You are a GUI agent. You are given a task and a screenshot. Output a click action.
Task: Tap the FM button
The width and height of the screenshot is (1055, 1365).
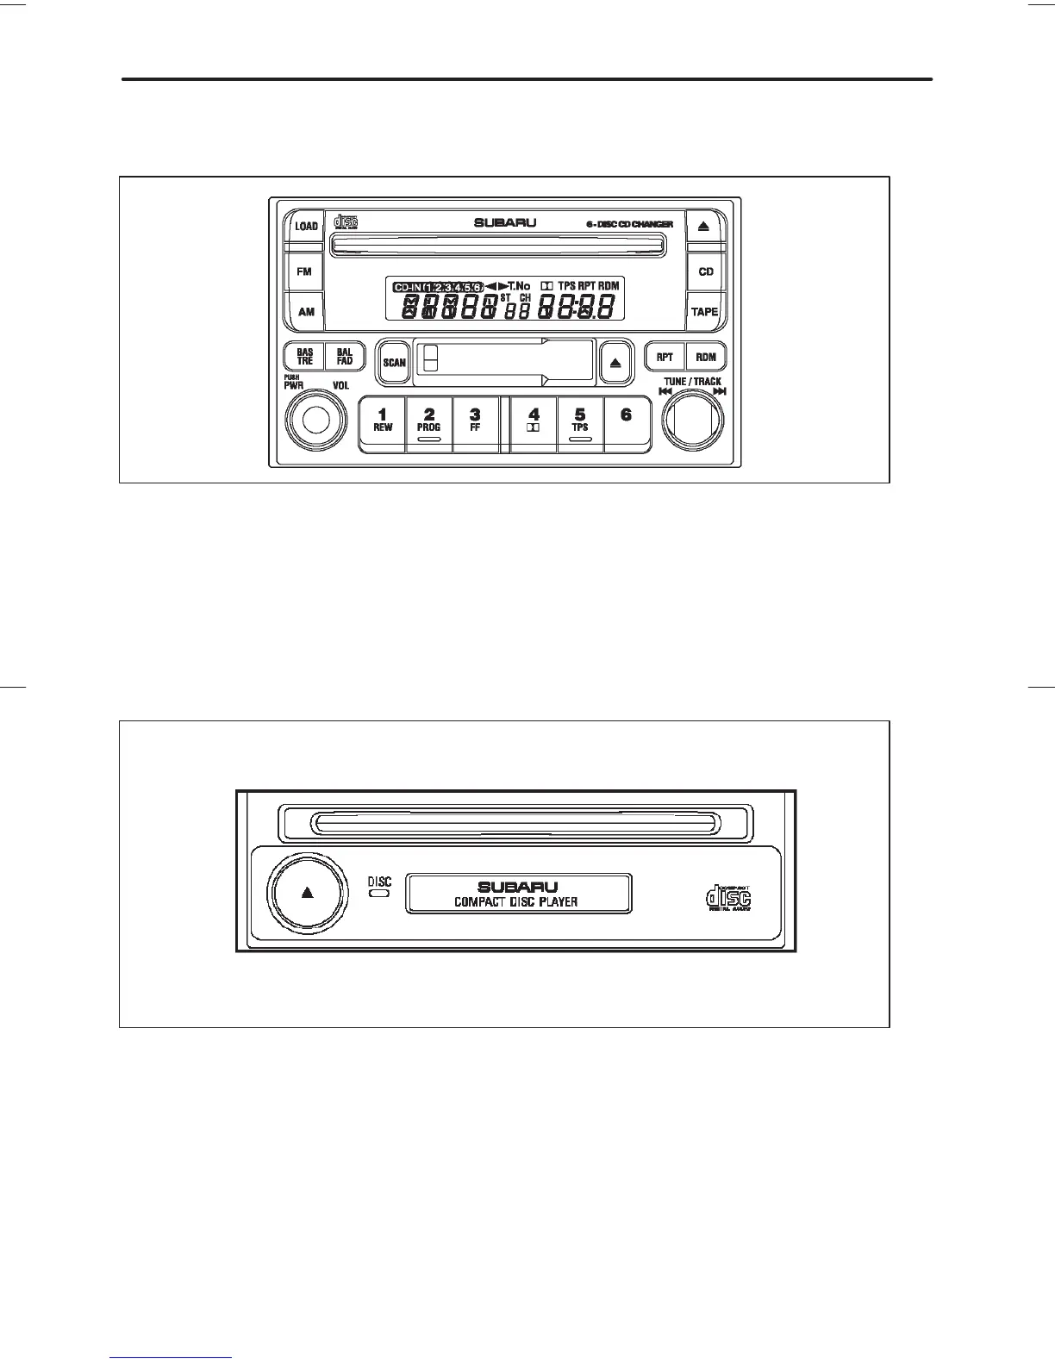[304, 271]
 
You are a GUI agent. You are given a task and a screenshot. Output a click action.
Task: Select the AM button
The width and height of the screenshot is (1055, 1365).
[305, 311]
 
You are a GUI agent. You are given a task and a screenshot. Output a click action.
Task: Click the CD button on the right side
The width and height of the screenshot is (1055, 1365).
[706, 271]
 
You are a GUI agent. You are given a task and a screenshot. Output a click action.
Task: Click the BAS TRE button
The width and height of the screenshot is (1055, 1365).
[305, 357]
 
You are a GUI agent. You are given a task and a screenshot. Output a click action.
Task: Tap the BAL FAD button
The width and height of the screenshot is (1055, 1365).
[345, 357]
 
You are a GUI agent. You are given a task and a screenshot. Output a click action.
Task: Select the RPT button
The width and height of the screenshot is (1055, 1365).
[665, 357]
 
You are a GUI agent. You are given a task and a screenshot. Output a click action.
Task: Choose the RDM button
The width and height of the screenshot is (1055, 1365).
[706, 357]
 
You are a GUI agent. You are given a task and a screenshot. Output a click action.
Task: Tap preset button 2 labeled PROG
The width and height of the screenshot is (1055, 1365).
[428, 422]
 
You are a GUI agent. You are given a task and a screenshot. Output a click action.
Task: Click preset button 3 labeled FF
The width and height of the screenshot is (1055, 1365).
[475, 422]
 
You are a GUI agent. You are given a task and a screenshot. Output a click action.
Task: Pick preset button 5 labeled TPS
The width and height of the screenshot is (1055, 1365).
[580, 422]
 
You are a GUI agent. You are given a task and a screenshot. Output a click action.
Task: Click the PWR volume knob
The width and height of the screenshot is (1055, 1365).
[315, 421]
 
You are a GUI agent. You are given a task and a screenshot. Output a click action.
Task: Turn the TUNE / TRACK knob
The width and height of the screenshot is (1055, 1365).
[693, 421]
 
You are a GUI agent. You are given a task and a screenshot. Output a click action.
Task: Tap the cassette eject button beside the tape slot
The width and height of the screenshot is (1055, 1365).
[615, 362]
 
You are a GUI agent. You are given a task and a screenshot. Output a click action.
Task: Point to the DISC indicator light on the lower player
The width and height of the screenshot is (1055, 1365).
[379, 894]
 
